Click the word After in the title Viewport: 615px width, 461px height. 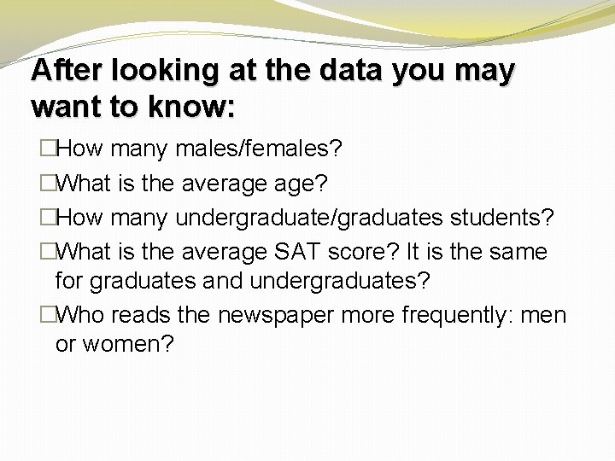(x=62, y=71)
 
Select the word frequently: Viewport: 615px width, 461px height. (x=448, y=315)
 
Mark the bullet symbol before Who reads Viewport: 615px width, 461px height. (x=48, y=315)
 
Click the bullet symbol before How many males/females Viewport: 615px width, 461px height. (x=48, y=150)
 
